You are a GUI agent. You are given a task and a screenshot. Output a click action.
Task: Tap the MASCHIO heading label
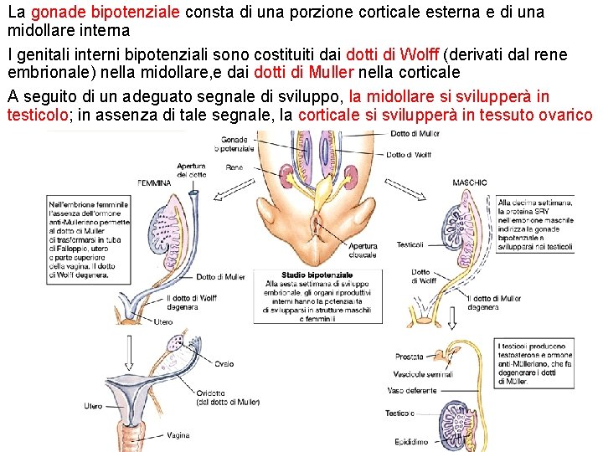470,182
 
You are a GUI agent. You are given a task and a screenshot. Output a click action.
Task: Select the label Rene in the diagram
234,168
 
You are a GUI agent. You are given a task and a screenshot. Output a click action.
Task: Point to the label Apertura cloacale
363,250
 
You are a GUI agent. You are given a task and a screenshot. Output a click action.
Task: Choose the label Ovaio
224,364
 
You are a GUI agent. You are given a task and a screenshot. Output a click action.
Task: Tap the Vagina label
178,435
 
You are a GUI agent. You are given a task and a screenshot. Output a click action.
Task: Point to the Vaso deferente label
413,391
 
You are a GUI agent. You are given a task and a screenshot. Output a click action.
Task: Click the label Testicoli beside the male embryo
410,245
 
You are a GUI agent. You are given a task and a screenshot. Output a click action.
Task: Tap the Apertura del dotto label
192,171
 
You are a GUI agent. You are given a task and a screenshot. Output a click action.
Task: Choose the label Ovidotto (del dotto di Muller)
228,398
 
